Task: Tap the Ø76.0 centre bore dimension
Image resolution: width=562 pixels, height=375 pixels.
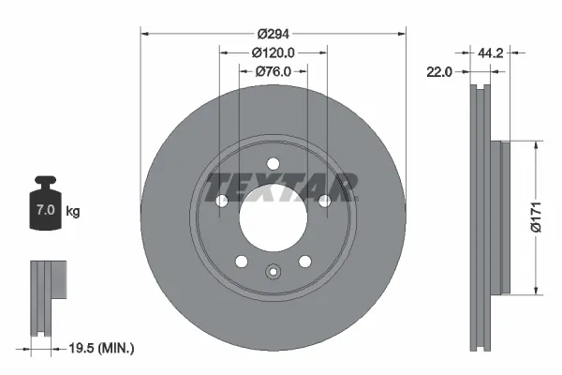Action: click(x=273, y=71)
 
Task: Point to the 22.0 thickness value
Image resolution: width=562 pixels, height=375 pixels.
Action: click(x=439, y=71)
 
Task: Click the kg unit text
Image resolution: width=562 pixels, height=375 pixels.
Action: click(x=72, y=212)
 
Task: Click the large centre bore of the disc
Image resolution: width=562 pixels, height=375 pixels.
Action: click(x=273, y=217)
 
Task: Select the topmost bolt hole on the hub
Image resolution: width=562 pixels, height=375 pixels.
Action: click(x=273, y=163)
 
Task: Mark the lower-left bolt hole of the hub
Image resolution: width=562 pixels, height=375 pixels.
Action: click(x=241, y=262)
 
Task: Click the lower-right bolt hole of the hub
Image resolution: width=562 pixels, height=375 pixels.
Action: click(x=304, y=262)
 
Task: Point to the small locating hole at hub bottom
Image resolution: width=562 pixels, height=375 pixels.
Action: click(x=273, y=273)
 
